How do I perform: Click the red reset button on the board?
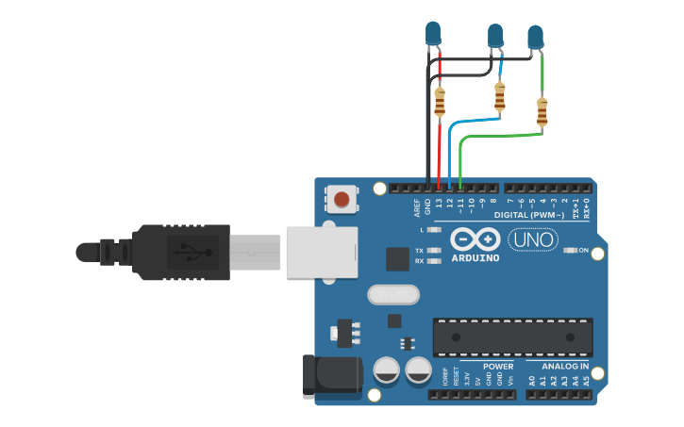click(342, 199)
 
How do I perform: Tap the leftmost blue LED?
click(433, 34)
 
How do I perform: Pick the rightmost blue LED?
click(536, 37)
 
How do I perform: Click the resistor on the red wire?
click(440, 102)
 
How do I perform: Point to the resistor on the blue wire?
click(499, 95)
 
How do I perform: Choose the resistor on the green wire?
click(542, 111)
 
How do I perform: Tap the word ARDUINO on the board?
click(475, 257)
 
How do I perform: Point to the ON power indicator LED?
click(570, 250)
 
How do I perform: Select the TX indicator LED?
click(434, 251)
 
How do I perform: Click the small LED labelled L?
click(434, 230)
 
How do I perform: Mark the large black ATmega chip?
click(513, 337)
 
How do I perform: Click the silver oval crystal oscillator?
click(393, 295)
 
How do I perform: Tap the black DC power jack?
click(331, 375)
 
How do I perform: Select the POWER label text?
click(498, 367)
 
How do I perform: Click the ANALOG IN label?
click(564, 367)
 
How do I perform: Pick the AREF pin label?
click(417, 206)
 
